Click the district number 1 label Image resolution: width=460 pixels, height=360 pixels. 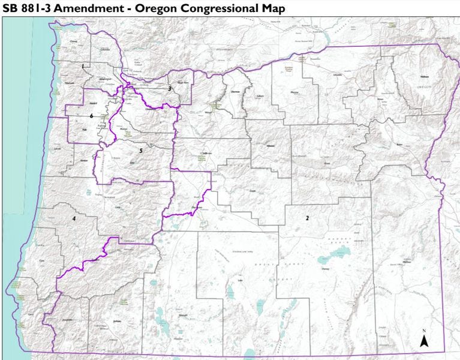pos(83,65)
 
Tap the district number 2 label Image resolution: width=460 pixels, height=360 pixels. pos(307,218)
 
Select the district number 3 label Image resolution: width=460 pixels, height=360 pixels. pos(170,88)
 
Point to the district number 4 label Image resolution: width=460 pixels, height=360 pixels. pos(74,218)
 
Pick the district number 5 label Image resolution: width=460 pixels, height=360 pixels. pos(140,151)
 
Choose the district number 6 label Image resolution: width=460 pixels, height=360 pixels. pos(91,115)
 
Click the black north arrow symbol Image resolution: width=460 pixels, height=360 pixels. pos(424,341)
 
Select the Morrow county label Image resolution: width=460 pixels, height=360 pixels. pos(294,93)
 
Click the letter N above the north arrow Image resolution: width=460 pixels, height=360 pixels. pos(423,331)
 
